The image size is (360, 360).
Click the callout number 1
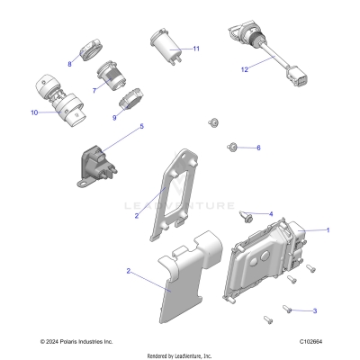[x=328, y=229]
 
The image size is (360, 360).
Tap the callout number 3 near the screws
[x=314, y=310]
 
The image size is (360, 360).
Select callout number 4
[x=270, y=213]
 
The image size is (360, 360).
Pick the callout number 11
[x=196, y=48]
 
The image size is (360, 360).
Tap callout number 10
[x=34, y=113]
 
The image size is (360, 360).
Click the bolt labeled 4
[x=245, y=214]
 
